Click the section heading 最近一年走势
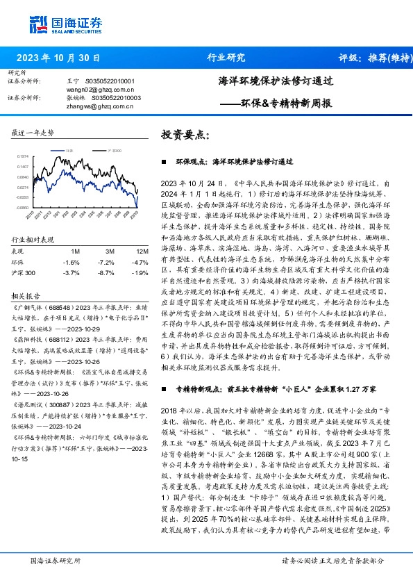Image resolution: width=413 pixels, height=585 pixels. click(33, 133)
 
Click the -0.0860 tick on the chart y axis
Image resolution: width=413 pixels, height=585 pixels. click(23, 207)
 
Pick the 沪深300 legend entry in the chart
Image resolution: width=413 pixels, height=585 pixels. click(115, 150)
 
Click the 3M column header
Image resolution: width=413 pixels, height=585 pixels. click(110, 251)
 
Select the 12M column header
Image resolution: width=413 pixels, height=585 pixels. click(142, 251)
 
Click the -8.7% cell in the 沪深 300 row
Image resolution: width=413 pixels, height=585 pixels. click(108, 273)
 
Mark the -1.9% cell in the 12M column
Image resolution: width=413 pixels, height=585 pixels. click(142, 273)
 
